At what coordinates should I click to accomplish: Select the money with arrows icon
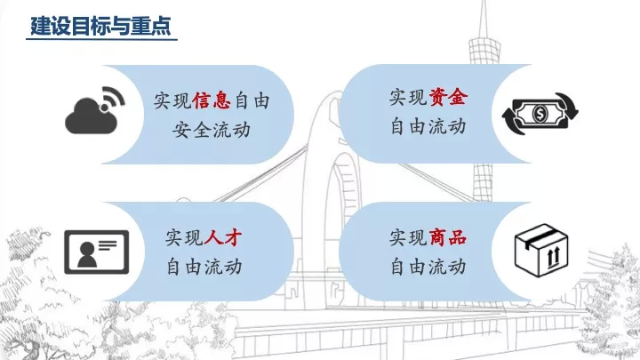click(x=540, y=113)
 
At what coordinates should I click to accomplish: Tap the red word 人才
click(x=223, y=237)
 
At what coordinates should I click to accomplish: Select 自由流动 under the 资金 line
click(x=428, y=126)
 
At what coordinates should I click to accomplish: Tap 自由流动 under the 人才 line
click(x=204, y=266)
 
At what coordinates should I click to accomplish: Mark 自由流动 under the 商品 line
click(x=428, y=266)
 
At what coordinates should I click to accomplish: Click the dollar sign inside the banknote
click(x=540, y=113)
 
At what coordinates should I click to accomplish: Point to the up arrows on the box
click(x=550, y=260)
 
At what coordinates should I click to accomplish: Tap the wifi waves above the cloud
click(x=112, y=95)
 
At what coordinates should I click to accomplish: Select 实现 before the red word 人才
click(x=184, y=237)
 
